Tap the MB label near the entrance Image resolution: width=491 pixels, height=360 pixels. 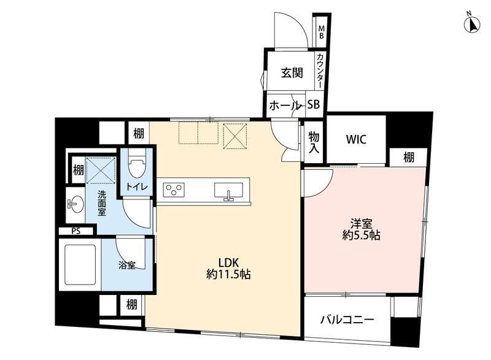[321, 32]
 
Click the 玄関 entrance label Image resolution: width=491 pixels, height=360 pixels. [292, 73]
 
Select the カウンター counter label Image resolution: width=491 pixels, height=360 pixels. [320, 71]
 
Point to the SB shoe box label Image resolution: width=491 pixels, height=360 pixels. [313, 104]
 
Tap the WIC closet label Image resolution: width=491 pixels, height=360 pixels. [356, 139]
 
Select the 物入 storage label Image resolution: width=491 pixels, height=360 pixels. [314, 142]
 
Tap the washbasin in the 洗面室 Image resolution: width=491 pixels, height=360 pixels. [75, 205]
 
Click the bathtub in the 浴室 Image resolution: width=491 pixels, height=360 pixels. [80, 264]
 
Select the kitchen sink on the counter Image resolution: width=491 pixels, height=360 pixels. [228, 191]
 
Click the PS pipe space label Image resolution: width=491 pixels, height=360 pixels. [75, 231]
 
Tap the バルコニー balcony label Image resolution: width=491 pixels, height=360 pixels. [347, 320]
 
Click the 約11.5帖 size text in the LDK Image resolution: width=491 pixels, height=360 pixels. [228, 274]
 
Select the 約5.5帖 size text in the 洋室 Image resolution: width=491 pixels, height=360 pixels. [361, 235]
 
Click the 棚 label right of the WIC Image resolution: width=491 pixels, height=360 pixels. [408, 157]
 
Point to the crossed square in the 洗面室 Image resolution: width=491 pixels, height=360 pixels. [101, 170]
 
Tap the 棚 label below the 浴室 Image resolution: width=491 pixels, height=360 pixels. [131, 304]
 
